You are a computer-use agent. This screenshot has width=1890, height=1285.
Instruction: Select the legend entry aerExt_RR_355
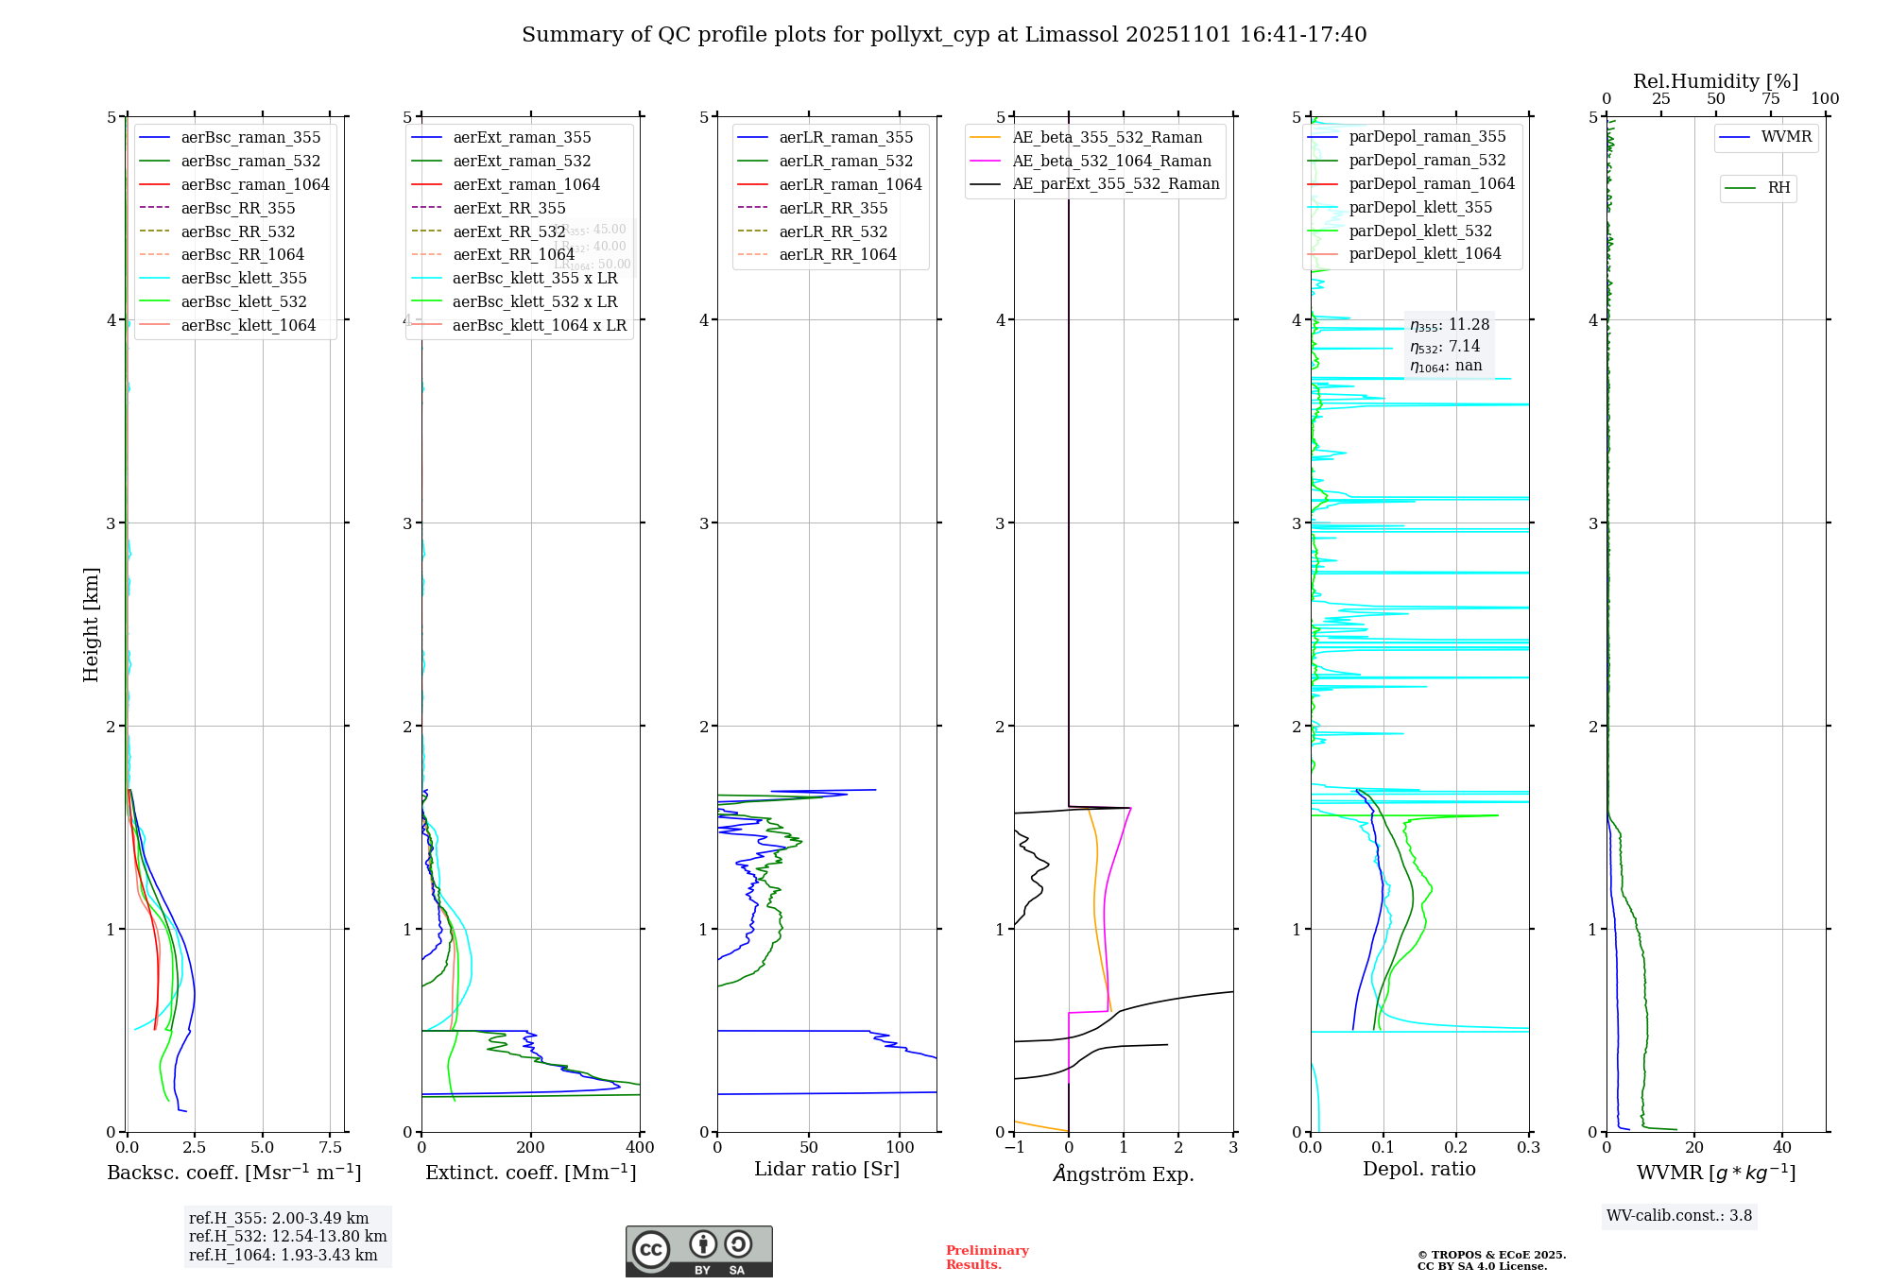tap(508, 208)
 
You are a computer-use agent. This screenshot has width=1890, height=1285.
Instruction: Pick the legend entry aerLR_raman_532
tap(846, 161)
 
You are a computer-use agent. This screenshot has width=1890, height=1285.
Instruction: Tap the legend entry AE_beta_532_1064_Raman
tap(1111, 161)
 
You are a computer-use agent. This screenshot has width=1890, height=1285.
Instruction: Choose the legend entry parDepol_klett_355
tap(1420, 207)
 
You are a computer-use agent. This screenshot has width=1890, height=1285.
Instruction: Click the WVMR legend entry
tap(1786, 137)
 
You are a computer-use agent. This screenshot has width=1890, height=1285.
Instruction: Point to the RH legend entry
tap(1778, 188)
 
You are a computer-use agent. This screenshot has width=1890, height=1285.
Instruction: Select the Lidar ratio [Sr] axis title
tap(827, 1169)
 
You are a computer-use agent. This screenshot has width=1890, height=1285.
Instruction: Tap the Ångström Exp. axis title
tap(1124, 1174)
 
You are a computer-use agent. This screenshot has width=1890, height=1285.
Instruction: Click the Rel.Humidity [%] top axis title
tap(1715, 81)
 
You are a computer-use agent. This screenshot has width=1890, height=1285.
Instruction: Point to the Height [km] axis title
tap(91, 625)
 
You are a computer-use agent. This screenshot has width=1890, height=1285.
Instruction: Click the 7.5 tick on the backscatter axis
tap(331, 1147)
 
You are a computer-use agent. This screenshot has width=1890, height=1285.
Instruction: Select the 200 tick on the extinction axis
tap(531, 1147)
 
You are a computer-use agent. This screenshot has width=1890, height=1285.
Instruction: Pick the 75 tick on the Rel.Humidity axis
tap(1770, 99)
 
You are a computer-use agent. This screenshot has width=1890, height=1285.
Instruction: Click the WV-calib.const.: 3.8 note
tap(1679, 1216)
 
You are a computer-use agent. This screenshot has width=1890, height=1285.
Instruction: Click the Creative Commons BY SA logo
tap(698, 1251)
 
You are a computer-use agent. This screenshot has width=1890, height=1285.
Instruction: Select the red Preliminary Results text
tap(987, 1258)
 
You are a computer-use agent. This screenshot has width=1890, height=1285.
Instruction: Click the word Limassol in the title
tap(1081, 35)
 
